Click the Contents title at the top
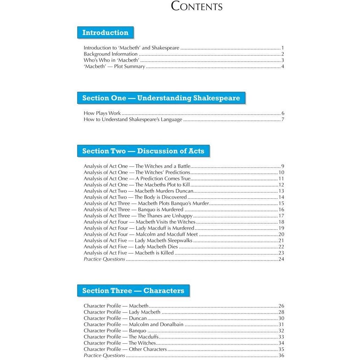pos(197,7)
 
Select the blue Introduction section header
pos(105,33)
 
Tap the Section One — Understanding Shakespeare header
pos(161,98)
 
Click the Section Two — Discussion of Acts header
pos(143,151)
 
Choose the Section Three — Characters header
pos(133,291)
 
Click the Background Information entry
pos(111,54)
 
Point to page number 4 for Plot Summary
pos(283,67)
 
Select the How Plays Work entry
pos(102,113)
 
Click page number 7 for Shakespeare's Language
pos(283,120)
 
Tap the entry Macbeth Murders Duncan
pos(138,191)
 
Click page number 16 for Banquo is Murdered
pos(281,210)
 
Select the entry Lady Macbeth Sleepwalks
pos(138,240)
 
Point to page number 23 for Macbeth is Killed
pos(281,253)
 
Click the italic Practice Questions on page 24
pos(104,259)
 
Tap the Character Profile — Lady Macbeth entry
pos(122,312)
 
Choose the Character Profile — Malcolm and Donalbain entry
pos(134,324)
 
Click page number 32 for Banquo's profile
pos(281,331)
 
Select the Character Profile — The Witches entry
pos(120,343)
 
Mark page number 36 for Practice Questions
pos(281,355)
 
